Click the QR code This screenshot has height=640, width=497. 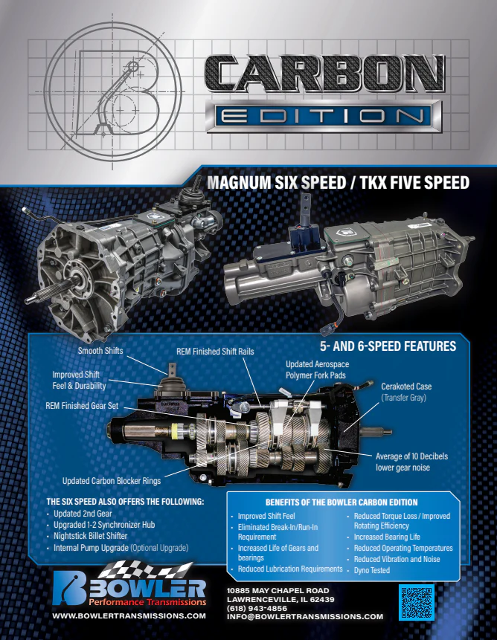(x=416, y=602)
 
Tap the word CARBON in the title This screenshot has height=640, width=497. (x=324, y=74)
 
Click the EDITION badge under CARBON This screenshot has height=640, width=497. (x=324, y=116)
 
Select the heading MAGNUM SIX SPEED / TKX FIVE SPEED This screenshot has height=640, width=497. (x=338, y=182)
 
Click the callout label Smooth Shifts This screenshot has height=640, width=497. (x=100, y=351)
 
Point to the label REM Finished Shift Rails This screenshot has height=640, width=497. (x=215, y=352)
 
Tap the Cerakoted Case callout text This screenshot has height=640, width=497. (x=406, y=392)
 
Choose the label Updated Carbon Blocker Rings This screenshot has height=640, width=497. (x=112, y=481)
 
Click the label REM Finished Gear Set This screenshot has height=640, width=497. (x=82, y=406)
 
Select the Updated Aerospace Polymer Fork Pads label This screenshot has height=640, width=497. (x=317, y=369)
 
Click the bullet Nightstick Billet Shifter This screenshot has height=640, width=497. (x=90, y=536)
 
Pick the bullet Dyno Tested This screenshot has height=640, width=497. (x=371, y=570)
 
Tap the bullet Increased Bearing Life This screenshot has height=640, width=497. (x=387, y=537)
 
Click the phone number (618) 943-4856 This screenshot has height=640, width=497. (x=257, y=608)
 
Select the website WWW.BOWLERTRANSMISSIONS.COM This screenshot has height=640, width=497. (x=129, y=615)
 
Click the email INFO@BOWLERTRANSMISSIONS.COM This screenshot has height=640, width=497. (x=305, y=617)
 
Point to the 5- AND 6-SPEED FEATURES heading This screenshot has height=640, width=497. (x=388, y=346)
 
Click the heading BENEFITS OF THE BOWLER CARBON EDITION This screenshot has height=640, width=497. (x=342, y=502)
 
